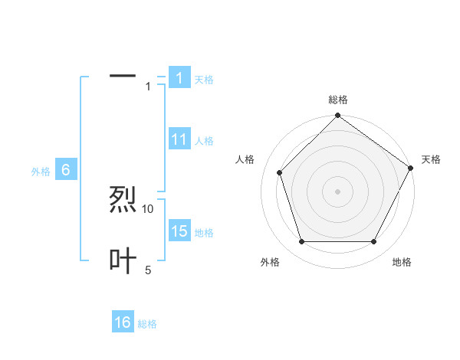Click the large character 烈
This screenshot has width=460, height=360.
[x=123, y=201]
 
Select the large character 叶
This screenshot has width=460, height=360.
[x=123, y=261]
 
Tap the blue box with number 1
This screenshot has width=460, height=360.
[x=179, y=77]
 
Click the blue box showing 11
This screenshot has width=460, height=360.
[x=179, y=139]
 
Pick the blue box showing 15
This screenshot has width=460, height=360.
[x=179, y=231]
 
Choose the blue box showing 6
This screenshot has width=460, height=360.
[x=66, y=171]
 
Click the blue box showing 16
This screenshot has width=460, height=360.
[x=123, y=322]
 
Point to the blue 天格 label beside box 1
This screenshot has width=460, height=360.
[x=204, y=79]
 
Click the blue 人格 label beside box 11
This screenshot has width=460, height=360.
[x=204, y=141]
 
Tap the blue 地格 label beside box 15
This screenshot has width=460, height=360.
[x=204, y=233]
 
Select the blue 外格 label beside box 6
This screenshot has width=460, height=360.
[x=41, y=172]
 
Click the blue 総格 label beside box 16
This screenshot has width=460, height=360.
[x=147, y=324]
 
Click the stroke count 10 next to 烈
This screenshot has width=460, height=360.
[x=148, y=208]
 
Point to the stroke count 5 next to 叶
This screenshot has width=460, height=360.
[x=148, y=270]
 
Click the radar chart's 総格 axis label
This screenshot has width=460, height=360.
[x=338, y=100]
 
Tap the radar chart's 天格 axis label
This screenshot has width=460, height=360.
[x=431, y=159]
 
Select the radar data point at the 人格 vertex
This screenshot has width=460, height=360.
[x=280, y=172]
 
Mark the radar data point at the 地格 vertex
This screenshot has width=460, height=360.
[x=374, y=242]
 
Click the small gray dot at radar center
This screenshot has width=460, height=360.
[x=338, y=191]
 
